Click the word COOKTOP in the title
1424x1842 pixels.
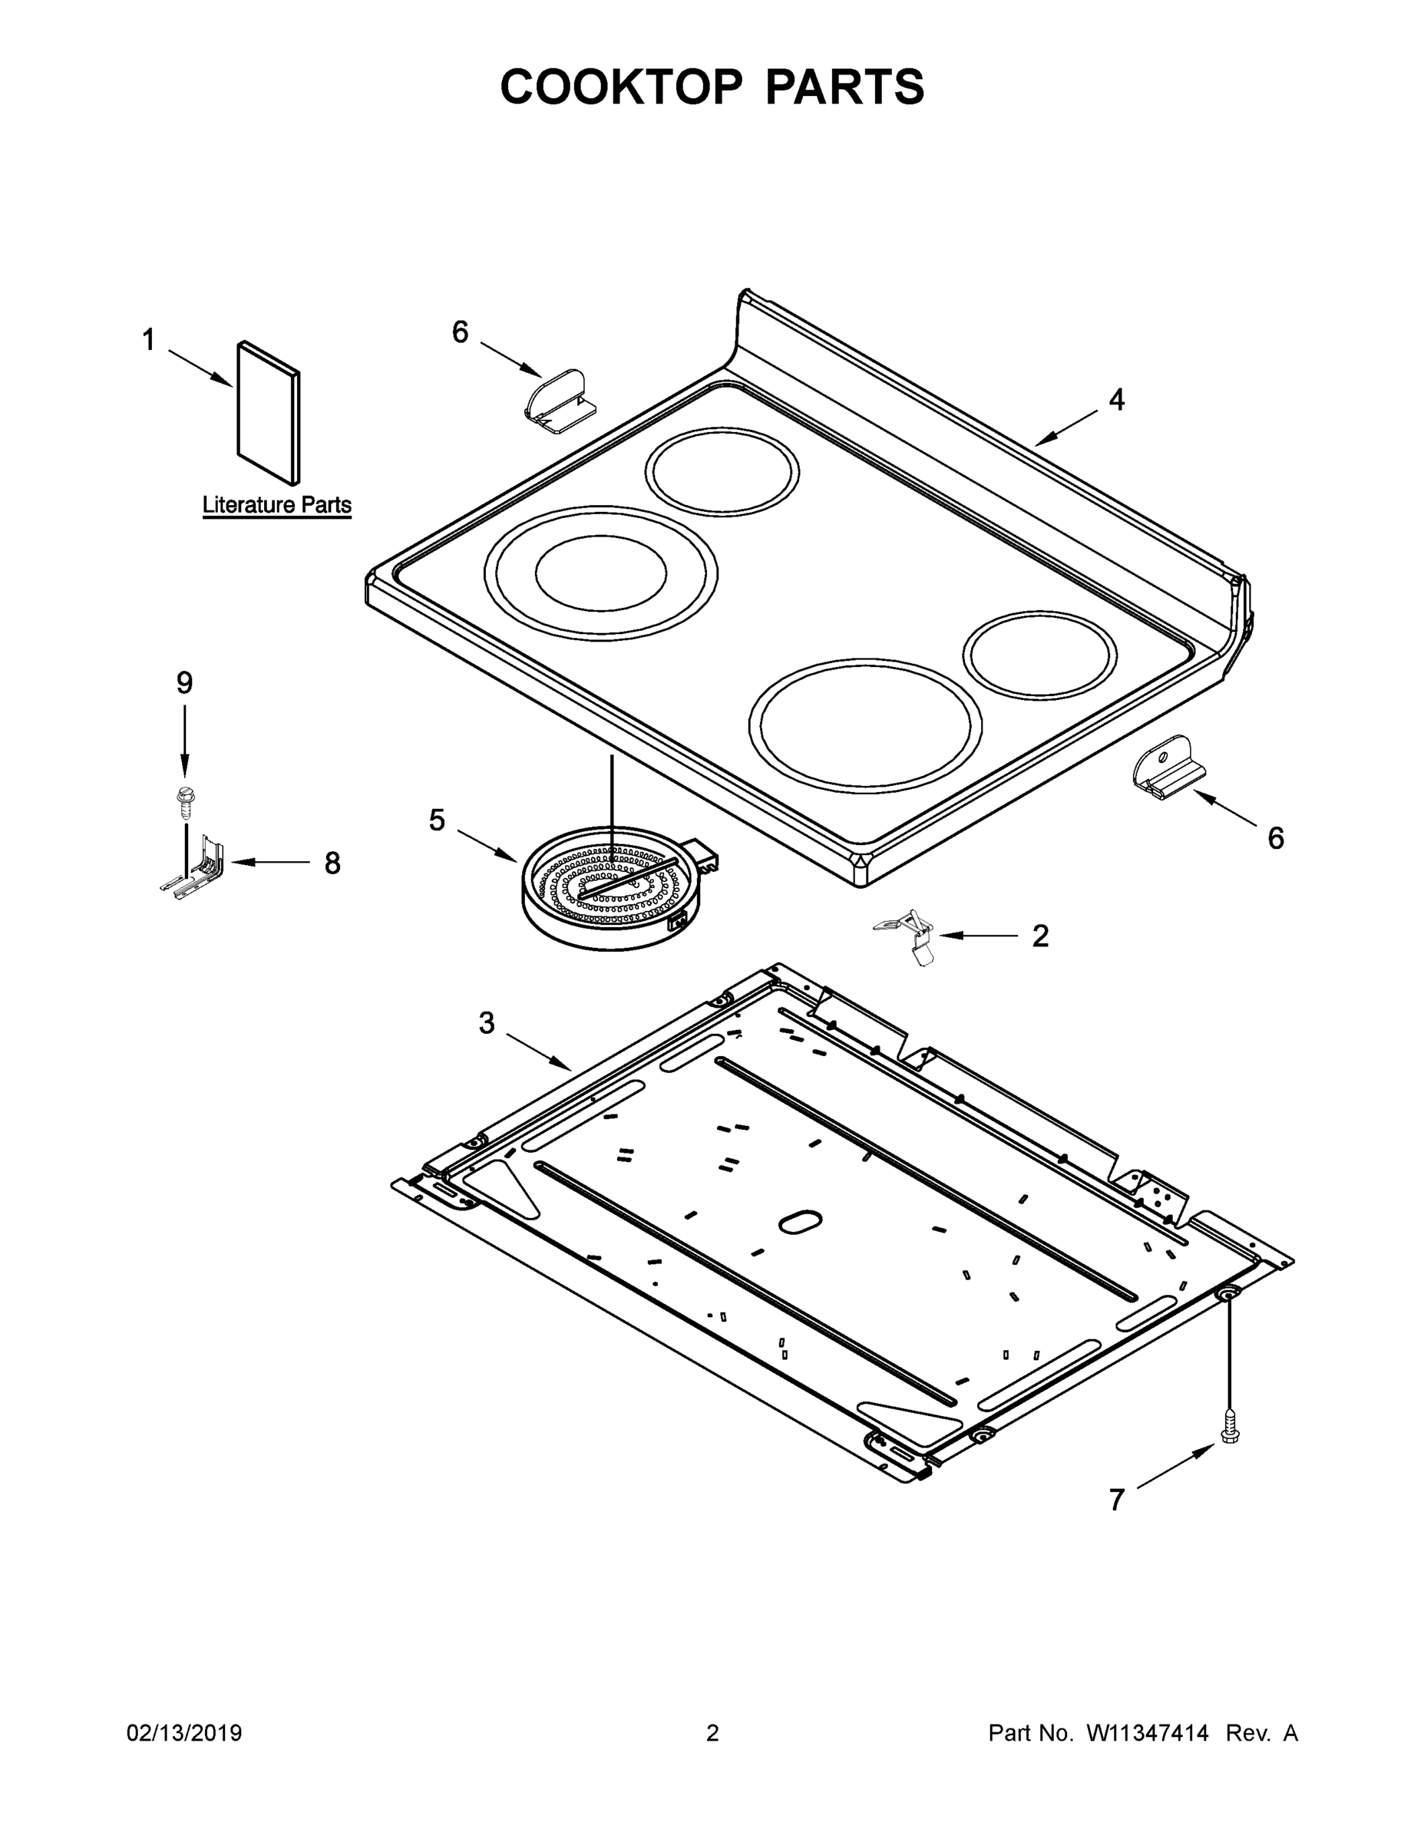(622, 87)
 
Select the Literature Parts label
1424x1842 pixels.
(276, 505)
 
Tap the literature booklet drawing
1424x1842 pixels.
(268, 413)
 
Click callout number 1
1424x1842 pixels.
(148, 341)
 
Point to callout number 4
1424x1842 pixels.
(1116, 400)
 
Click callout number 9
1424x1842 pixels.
(184, 682)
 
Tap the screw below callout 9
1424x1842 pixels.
(182, 801)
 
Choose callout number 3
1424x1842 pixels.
(487, 1023)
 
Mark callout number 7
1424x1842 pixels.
(1116, 1500)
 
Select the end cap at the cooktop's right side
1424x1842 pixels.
(1169, 767)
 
